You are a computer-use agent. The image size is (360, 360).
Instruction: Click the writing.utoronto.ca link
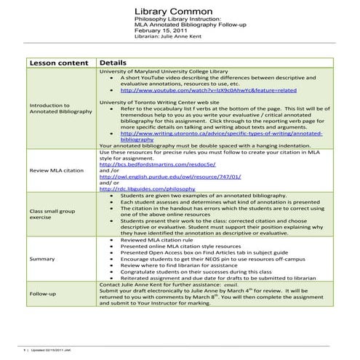pyautogui.click(x=211, y=136)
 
